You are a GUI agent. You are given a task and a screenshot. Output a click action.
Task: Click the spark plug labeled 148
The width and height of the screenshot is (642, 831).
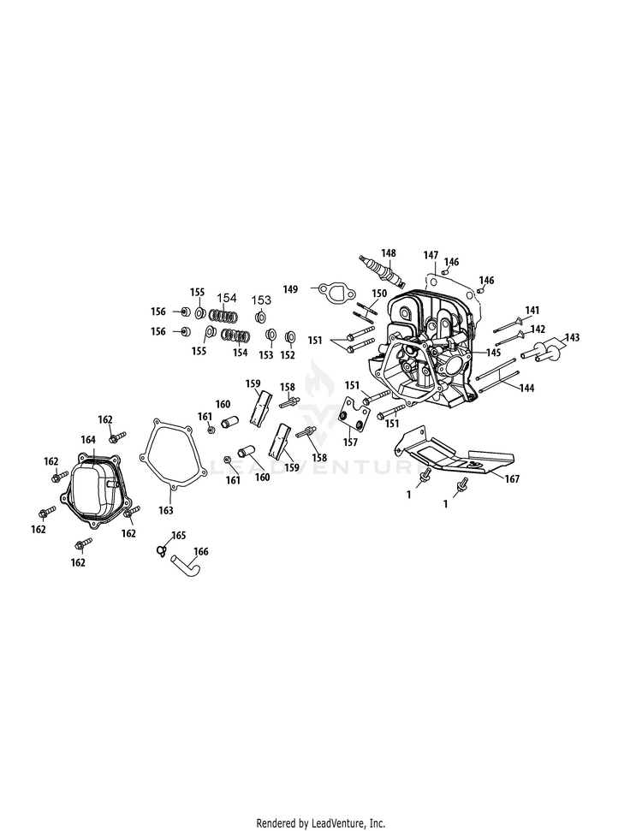(382, 271)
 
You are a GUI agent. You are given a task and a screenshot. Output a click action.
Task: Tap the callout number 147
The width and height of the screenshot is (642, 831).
(431, 255)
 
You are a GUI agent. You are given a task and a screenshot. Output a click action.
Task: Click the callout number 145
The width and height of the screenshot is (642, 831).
(493, 352)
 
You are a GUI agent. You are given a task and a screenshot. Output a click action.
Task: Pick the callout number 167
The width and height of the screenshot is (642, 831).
(512, 478)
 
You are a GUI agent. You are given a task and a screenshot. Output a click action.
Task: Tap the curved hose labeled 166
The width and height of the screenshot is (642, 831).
(186, 566)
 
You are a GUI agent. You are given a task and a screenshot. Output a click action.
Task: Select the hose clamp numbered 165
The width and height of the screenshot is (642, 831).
(160, 551)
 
